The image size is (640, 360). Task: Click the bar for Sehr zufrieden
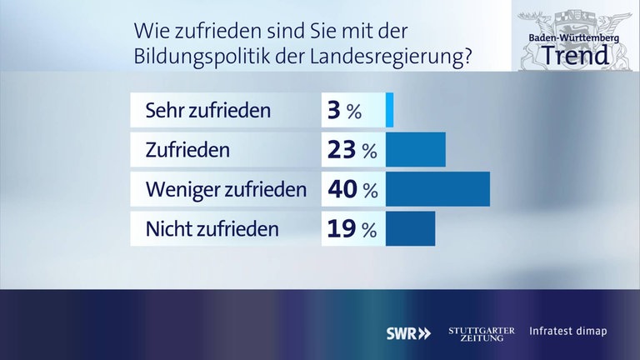pos(389,110)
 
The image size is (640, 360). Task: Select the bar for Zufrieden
pos(417,150)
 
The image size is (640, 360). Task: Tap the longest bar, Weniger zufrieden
pos(438,189)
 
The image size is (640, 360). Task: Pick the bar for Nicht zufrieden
pos(411,228)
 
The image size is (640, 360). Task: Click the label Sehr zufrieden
pos(207,110)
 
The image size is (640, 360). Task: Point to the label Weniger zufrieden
pos(226,189)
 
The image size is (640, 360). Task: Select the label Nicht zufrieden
pos(212,228)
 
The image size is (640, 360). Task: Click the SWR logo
pos(408,332)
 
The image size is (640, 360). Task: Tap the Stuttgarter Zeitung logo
pos(482,332)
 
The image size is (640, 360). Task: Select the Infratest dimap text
pos(568,332)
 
